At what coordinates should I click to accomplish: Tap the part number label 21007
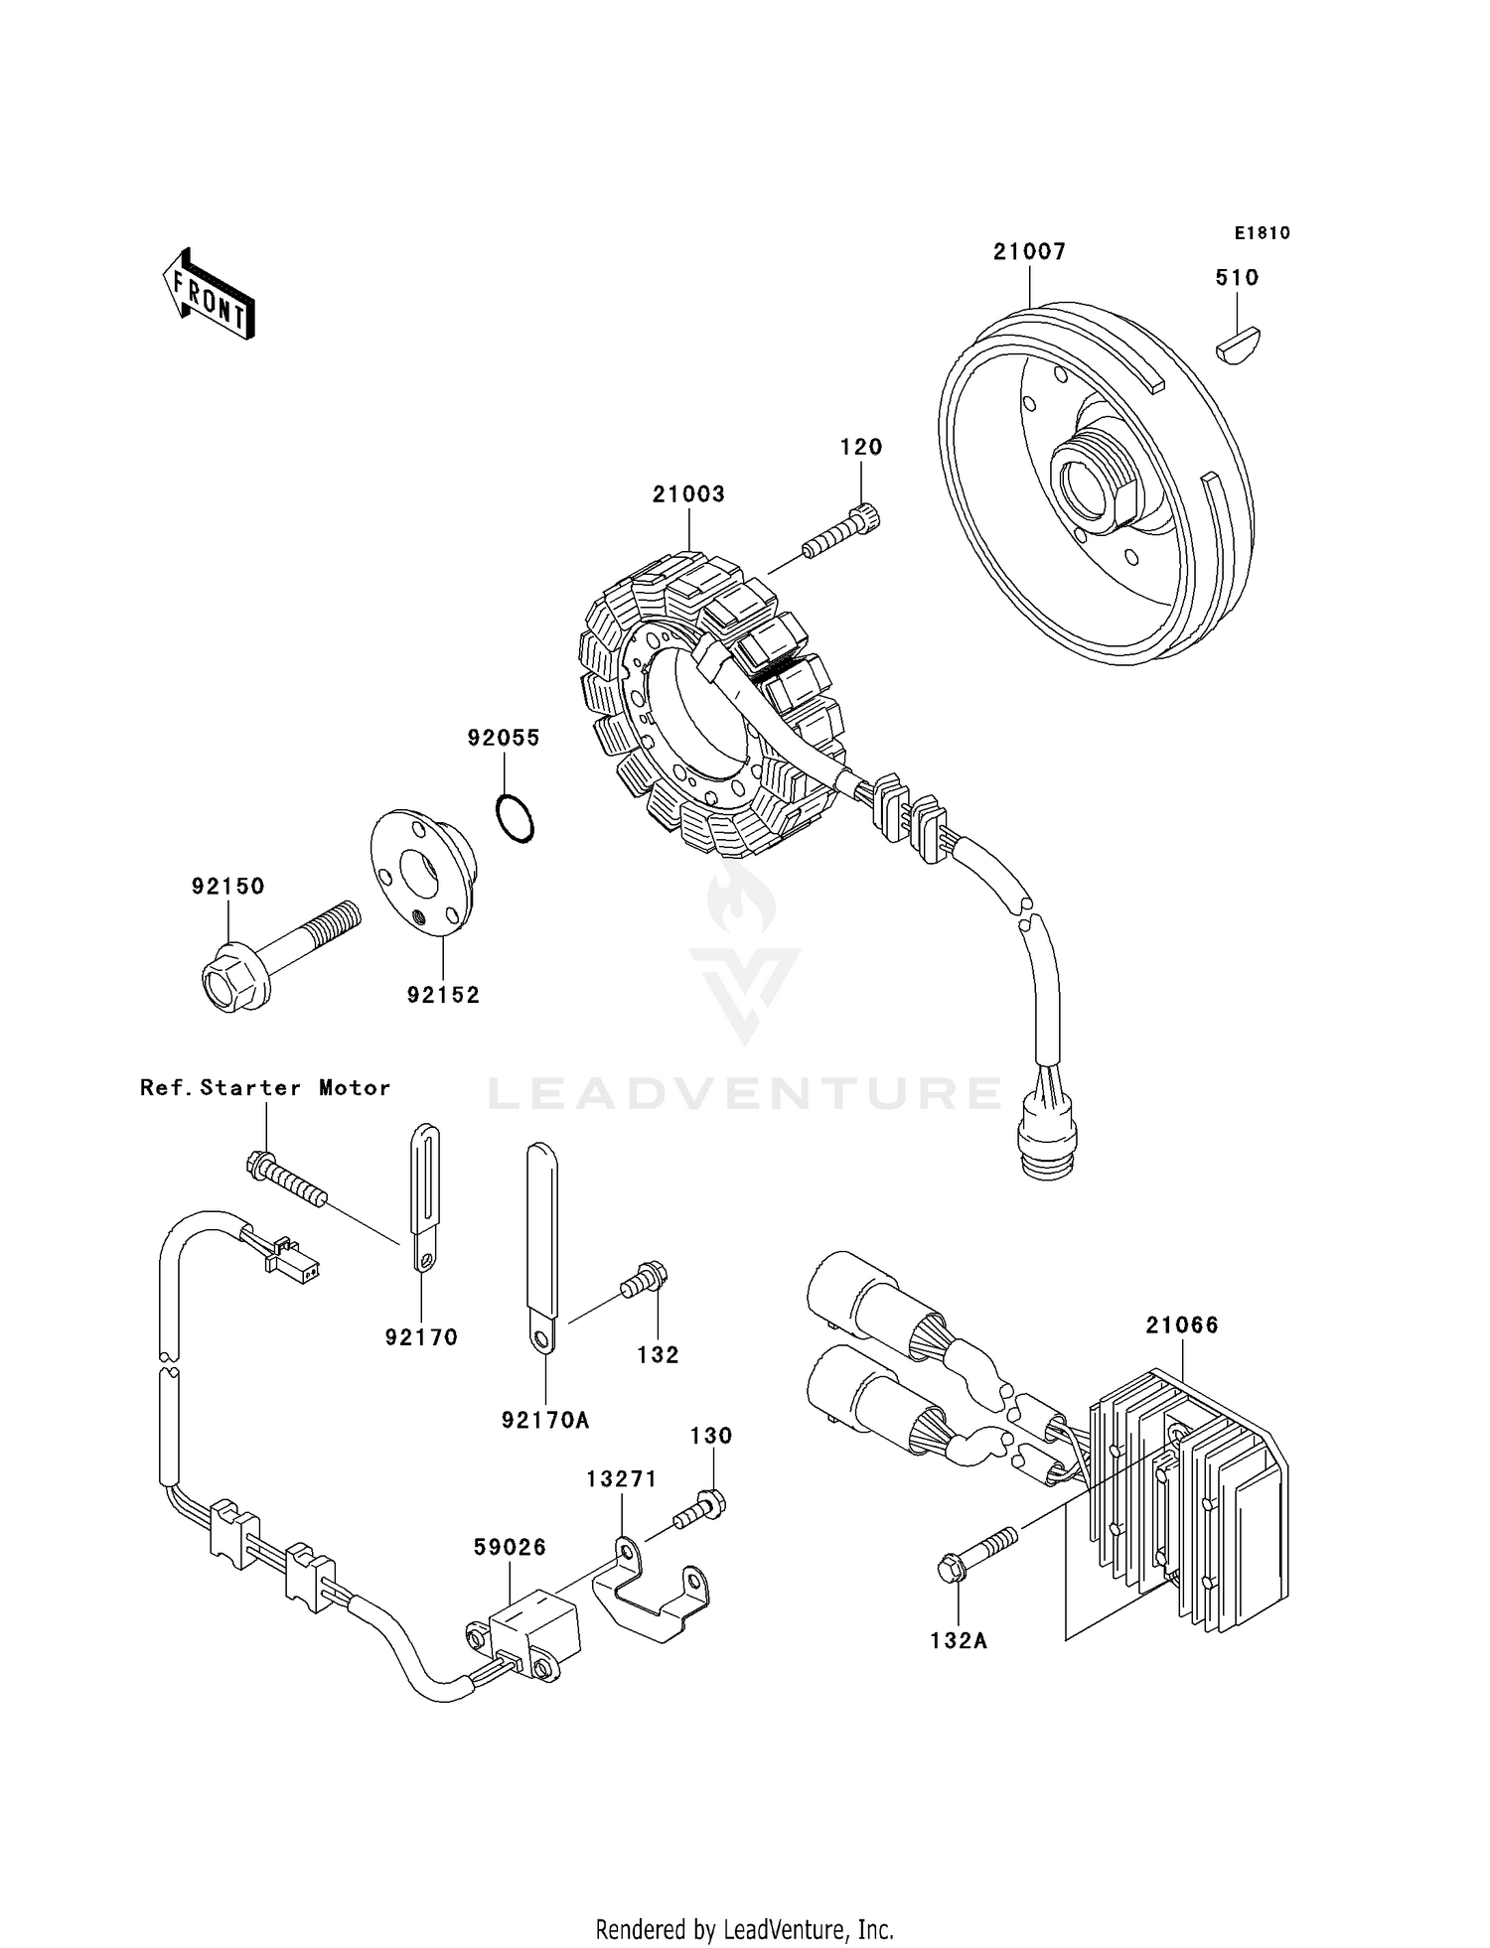(x=1029, y=252)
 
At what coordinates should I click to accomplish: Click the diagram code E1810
(x=1262, y=233)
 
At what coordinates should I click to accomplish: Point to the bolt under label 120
(x=841, y=533)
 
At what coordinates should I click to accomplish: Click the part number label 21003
(x=688, y=494)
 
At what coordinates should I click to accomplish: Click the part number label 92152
(x=443, y=995)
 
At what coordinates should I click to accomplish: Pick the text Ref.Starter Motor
(x=265, y=1087)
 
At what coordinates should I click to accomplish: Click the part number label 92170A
(x=545, y=1421)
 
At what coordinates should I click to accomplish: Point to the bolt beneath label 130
(x=700, y=1510)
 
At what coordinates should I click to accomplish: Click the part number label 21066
(x=1181, y=1325)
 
